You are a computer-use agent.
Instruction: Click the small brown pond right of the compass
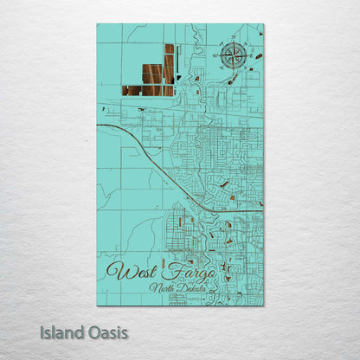[258, 56]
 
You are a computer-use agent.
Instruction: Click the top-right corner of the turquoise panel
[263, 24]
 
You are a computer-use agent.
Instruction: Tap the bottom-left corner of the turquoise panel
[97, 305]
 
